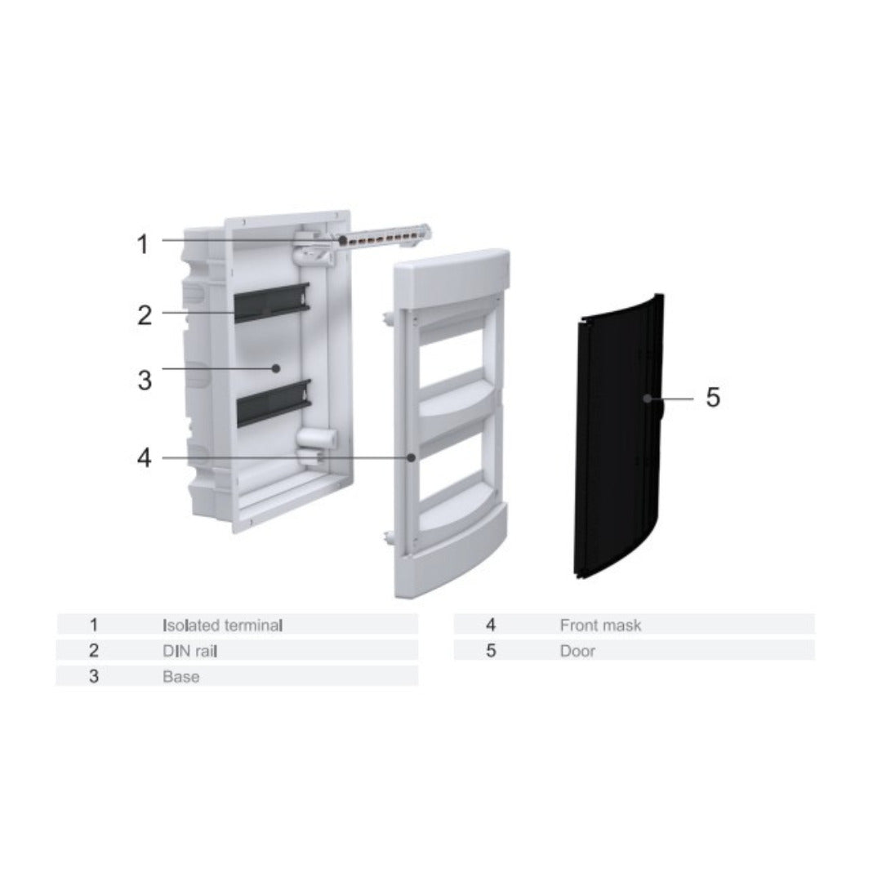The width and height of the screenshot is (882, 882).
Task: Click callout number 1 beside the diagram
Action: click(143, 244)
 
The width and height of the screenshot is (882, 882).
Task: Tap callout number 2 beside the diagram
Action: click(145, 315)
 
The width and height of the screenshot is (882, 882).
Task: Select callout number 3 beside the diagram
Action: click(145, 381)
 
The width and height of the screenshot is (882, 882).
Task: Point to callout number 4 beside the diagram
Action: click(145, 458)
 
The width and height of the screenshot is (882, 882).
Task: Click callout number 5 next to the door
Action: click(713, 397)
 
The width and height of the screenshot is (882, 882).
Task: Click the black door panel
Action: click(619, 436)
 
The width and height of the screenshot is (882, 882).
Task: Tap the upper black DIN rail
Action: click(272, 303)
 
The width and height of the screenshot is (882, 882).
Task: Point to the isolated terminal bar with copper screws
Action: click(381, 238)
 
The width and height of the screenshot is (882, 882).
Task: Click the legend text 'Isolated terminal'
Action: click(222, 625)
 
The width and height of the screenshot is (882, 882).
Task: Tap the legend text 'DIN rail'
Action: click(189, 651)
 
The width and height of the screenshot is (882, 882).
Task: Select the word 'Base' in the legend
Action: click(180, 677)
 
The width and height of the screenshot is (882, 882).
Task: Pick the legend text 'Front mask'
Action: click(600, 625)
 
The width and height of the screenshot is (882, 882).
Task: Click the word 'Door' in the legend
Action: click(577, 651)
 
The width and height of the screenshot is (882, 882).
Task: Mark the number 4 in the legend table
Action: click(491, 625)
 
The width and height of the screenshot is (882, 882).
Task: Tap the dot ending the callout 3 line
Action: click(276, 368)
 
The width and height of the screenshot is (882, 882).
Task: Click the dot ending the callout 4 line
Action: click(411, 458)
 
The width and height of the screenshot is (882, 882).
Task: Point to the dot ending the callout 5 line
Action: click(648, 399)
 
